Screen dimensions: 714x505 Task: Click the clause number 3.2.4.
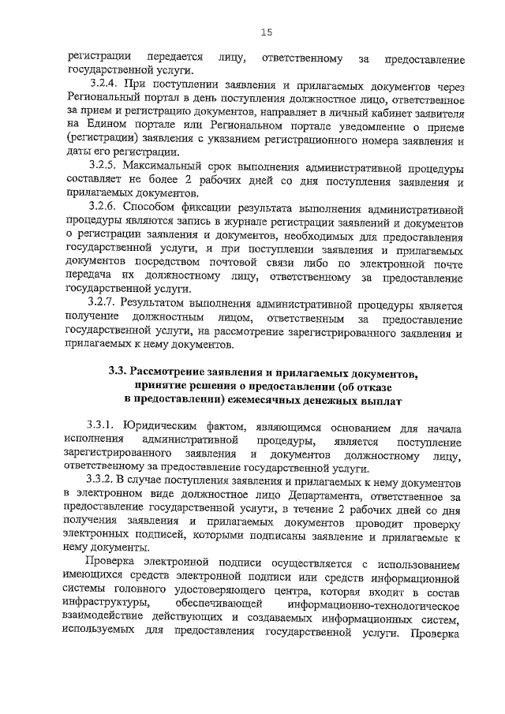coord(103,85)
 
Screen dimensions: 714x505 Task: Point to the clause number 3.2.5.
coord(103,168)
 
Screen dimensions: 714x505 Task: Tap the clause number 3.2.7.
coord(103,305)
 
